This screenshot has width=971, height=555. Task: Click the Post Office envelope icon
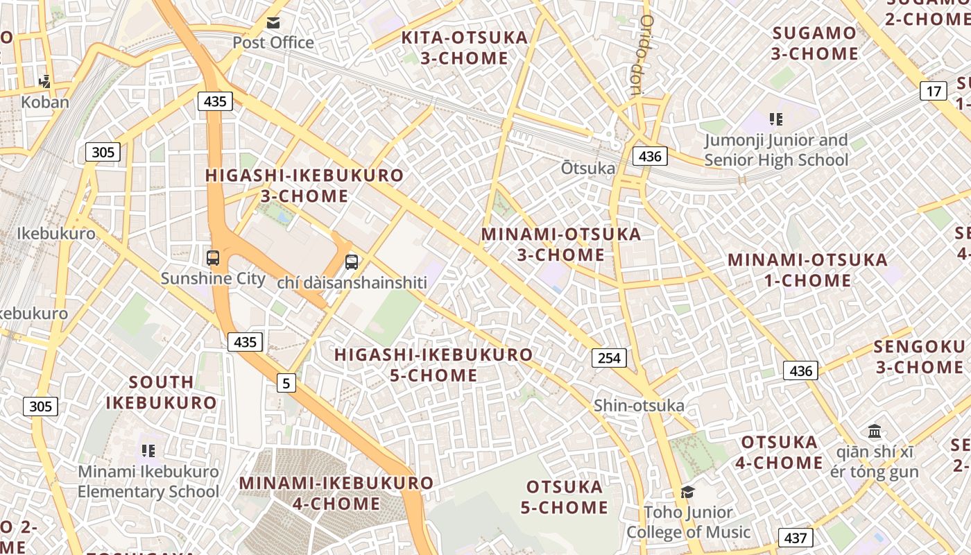(x=273, y=23)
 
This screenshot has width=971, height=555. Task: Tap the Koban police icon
(x=45, y=82)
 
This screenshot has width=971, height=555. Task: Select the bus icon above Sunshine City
(x=213, y=258)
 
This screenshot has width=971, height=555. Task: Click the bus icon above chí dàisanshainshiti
(x=352, y=262)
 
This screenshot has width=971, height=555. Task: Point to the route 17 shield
(x=934, y=91)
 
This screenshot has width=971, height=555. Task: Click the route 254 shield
(x=609, y=358)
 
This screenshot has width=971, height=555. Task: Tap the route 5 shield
(x=286, y=382)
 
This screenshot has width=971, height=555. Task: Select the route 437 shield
(x=796, y=538)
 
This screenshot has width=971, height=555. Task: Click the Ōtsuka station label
(x=588, y=169)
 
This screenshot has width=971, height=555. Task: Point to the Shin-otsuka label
(x=639, y=406)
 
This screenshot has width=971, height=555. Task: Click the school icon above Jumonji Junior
(x=776, y=119)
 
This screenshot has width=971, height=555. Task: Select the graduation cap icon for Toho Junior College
(x=687, y=492)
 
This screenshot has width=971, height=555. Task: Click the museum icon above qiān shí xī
(x=875, y=431)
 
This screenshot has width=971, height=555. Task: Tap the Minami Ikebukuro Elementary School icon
(x=148, y=451)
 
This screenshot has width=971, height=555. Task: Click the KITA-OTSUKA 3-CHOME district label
(x=465, y=48)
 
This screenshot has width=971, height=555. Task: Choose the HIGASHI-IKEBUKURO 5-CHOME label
(x=433, y=365)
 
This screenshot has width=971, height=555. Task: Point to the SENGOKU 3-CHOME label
(x=919, y=357)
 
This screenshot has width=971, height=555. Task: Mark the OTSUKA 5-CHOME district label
(x=565, y=497)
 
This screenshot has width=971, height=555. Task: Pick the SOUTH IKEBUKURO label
(x=161, y=392)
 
